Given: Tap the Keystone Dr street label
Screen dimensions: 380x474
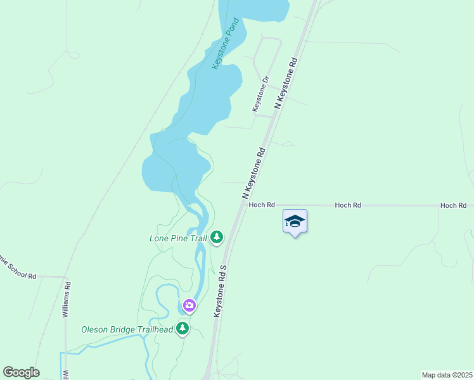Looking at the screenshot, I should click(261, 94).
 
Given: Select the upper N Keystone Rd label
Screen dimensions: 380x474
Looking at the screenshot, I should click(286, 83).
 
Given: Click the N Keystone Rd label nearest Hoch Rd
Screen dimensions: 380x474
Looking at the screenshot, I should click(253, 172).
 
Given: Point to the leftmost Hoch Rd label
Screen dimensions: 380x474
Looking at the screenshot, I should click(262, 205).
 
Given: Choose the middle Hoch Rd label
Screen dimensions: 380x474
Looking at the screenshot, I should click(348, 205).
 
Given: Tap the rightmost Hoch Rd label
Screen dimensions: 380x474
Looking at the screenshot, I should click(454, 205).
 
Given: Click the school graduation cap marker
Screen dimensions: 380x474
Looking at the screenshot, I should click(295, 222).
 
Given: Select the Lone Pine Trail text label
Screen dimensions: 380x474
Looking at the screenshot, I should click(178, 238).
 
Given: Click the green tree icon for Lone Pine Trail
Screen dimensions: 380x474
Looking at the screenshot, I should click(217, 237).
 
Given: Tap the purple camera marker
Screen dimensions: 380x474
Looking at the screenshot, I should click(189, 306).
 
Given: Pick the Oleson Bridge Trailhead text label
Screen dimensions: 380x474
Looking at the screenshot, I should click(127, 329).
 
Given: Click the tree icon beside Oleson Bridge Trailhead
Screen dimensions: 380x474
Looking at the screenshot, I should click(183, 328).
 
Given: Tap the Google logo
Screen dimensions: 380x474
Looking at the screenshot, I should click(21, 372).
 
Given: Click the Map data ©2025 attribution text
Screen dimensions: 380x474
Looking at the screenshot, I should click(447, 375).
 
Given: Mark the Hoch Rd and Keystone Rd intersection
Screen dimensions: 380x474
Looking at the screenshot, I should click(241, 205).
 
